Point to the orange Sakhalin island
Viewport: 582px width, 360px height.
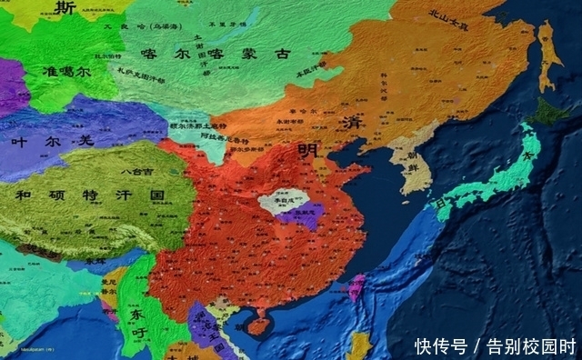[x=547, y=55]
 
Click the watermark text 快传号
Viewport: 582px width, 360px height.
[x=441, y=345]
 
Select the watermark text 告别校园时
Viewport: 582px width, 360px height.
[x=531, y=345]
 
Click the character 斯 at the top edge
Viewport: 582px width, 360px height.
[x=64, y=8]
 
